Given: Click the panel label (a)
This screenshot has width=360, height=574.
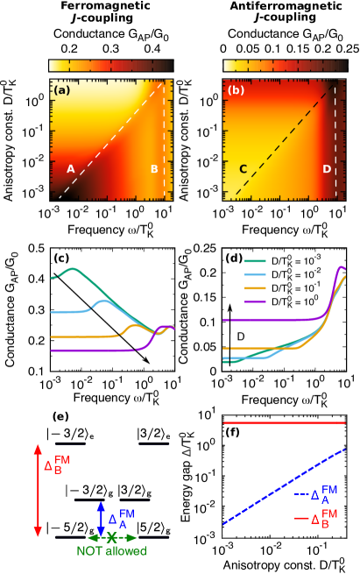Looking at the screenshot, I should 62,90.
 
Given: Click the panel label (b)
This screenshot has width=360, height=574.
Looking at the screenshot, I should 236,90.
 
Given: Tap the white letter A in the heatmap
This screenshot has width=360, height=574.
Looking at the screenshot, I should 71,169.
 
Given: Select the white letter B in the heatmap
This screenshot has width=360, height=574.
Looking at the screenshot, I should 154,169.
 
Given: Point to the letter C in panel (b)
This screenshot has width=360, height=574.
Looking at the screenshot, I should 243,169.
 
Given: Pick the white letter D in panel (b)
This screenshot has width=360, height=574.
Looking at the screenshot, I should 327,169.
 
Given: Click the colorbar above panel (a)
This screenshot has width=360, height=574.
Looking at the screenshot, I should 110,66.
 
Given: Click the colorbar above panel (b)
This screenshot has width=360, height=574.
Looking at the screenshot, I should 285,66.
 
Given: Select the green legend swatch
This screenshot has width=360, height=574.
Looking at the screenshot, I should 255,261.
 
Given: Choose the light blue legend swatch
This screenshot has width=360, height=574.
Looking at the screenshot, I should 255,274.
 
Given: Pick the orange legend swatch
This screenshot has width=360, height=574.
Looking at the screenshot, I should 255,287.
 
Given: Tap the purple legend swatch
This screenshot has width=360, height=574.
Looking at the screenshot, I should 255,301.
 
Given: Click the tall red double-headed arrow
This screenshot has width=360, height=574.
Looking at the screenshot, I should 38,490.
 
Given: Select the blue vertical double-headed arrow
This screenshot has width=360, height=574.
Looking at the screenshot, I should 101,518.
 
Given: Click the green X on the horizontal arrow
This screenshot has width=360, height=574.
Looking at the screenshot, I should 112,537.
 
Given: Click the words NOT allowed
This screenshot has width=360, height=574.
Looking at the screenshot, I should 111,551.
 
